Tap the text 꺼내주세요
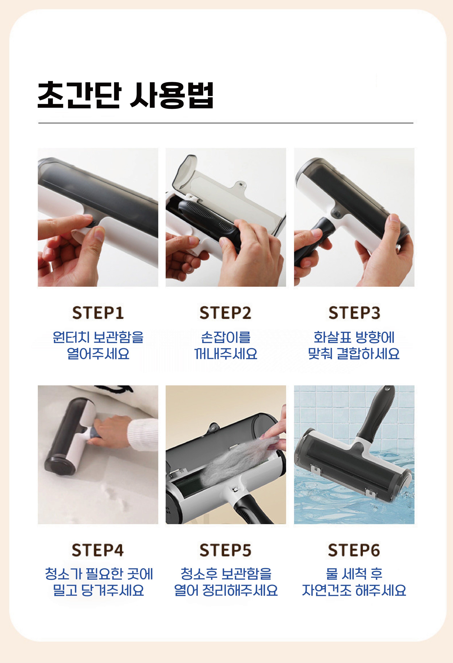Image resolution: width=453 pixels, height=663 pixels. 226,354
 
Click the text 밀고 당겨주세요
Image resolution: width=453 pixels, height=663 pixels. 98,590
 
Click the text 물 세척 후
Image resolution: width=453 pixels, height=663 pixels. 354,574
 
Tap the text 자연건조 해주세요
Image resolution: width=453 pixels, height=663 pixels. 354,590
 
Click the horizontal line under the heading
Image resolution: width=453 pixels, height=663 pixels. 226,123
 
